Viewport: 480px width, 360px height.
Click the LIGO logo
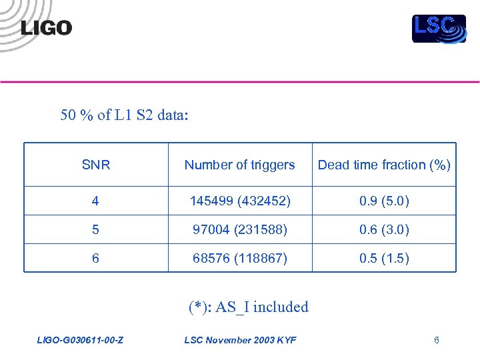[x=45, y=27]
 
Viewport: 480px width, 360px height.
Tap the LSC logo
[x=438, y=28]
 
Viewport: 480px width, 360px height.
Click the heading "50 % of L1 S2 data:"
[x=125, y=115]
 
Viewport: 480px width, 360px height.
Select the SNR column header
[x=96, y=165]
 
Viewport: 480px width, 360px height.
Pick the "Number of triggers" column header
[x=239, y=165]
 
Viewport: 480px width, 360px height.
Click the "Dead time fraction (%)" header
[x=384, y=165]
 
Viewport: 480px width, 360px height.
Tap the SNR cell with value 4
[x=96, y=201]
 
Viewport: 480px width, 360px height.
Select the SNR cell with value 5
[x=96, y=229]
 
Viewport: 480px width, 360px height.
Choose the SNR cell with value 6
[x=96, y=258]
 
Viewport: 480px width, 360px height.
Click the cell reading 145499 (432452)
[x=239, y=201]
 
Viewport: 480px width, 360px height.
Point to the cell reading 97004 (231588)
[x=239, y=229]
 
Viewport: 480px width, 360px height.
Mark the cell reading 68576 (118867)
[x=239, y=258]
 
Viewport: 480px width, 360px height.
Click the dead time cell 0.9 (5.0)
[x=384, y=201]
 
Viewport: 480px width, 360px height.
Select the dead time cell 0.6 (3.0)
[x=384, y=229]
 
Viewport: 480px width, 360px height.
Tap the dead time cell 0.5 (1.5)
[x=384, y=258]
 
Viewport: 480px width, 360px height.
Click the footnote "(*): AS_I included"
[x=248, y=307]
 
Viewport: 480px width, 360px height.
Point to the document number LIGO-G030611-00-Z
[x=79, y=341]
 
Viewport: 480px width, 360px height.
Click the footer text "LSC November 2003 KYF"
[x=240, y=341]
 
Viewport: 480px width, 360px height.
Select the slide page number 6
[x=436, y=341]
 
